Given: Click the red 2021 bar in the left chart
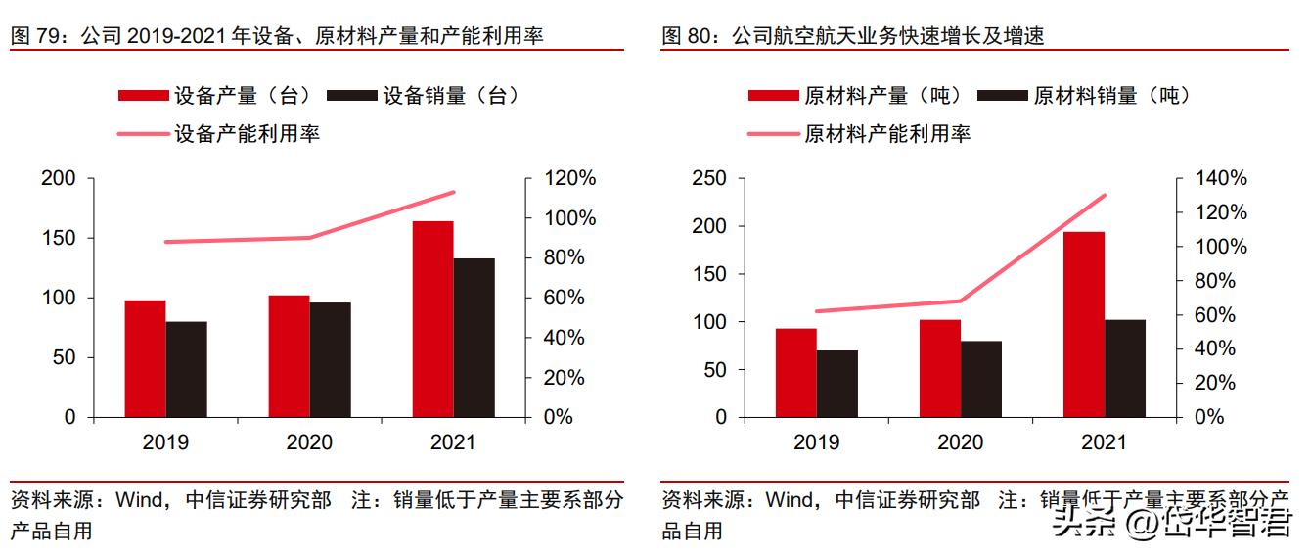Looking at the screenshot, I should [432, 319].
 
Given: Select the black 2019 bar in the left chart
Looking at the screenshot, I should [186, 369].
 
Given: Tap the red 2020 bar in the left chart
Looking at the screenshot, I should [289, 356].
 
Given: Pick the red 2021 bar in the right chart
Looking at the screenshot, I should [1083, 324].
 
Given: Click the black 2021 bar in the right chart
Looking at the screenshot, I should [1124, 368].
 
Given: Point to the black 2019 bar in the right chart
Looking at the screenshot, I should [836, 384].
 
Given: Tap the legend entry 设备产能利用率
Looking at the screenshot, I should [247, 133].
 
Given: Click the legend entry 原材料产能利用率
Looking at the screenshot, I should [886, 133].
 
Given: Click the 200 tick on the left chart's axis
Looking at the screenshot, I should [59, 179].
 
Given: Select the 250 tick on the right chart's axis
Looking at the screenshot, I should [709, 179].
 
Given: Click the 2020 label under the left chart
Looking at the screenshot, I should [309, 442].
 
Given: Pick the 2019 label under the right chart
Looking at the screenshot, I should [816, 442].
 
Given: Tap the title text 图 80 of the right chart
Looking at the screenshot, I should [686, 37].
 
